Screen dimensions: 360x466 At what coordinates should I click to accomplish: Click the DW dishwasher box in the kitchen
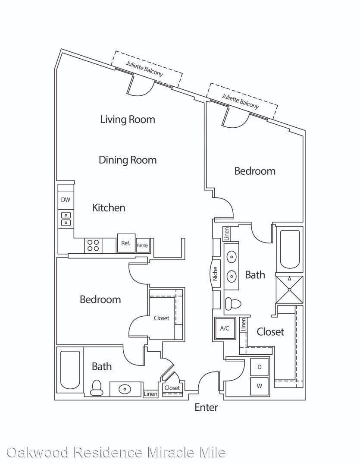66,200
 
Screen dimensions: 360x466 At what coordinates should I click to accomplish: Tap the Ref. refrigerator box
126,243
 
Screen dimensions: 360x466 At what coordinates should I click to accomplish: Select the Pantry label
142,245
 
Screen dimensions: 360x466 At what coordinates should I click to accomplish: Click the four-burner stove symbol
93,246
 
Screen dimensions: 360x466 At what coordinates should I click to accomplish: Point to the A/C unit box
225,328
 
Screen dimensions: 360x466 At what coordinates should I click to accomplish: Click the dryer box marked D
259,367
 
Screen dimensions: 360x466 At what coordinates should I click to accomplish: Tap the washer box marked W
259,386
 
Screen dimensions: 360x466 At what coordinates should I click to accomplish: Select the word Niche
215,274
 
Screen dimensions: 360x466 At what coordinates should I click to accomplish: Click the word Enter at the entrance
206,407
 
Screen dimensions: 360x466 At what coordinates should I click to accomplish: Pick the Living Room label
128,120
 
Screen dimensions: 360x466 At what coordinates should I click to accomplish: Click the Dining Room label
128,160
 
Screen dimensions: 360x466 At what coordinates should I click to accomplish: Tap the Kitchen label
108,208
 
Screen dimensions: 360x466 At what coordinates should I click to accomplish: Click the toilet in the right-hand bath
233,304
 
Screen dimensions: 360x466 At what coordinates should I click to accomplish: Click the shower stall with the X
289,290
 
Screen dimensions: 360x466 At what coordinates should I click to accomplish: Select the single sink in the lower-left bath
125,389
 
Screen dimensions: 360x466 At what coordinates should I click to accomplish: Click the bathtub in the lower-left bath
70,370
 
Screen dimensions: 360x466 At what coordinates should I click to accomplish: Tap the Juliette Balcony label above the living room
145,69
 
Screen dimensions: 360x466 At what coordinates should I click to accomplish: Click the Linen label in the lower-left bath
150,394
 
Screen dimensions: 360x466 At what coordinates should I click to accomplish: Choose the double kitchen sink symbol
66,218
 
